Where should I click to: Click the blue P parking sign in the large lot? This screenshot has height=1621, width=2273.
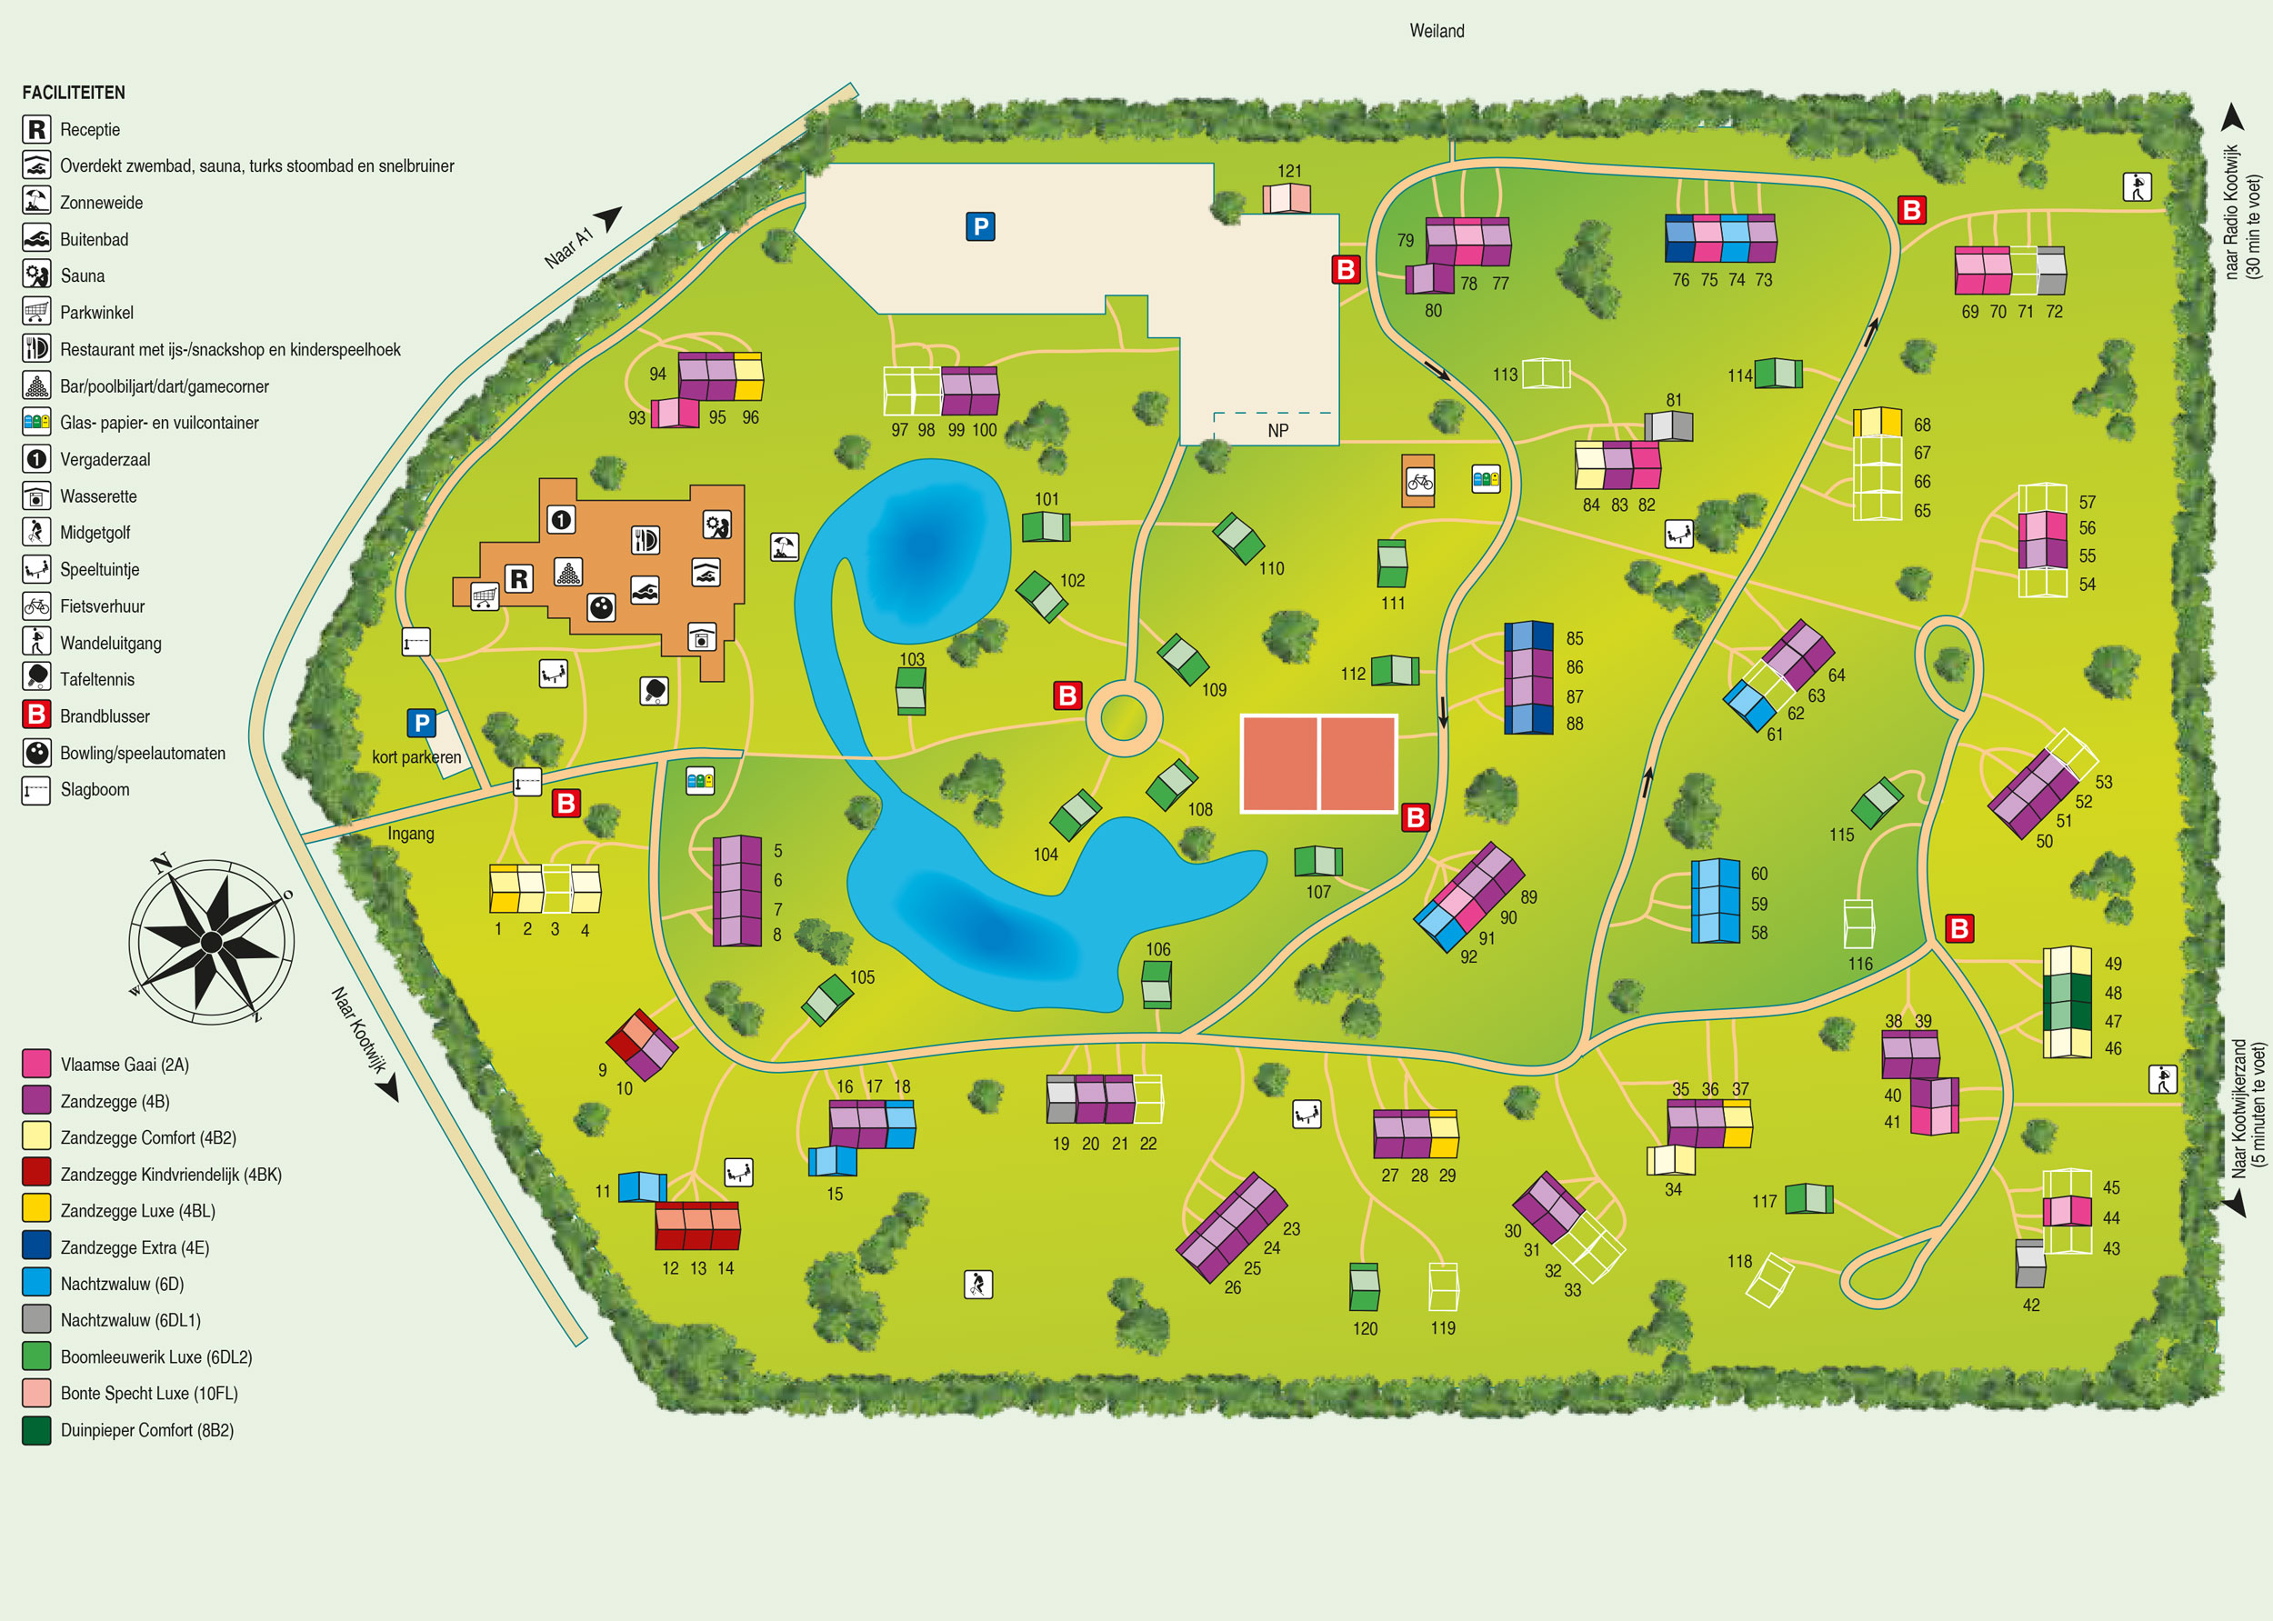(x=980, y=226)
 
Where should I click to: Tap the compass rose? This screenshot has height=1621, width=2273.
(x=212, y=941)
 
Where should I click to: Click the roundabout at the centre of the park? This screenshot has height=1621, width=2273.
(x=1123, y=717)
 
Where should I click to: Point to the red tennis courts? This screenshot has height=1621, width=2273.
(x=1317, y=764)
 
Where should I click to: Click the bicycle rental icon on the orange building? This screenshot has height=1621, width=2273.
(x=1418, y=482)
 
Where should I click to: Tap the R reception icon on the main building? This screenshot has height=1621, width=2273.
(x=518, y=579)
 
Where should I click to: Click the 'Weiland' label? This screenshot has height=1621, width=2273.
(x=1436, y=31)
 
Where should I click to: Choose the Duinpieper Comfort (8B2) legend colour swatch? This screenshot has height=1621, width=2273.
(x=37, y=1429)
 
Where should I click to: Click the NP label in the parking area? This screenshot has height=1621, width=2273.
(x=1277, y=430)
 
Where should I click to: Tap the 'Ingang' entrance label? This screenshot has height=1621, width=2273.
(x=410, y=834)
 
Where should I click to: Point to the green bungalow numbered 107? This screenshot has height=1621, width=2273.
(x=1317, y=860)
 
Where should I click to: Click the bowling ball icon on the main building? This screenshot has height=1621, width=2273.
(x=601, y=607)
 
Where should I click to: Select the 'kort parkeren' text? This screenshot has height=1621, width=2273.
(x=416, y=756)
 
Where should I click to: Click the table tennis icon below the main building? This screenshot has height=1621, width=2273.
(x=654, y=690)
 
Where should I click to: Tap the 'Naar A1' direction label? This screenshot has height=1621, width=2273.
(x=569, y=246)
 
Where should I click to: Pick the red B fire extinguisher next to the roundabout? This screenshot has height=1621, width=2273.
(x=1067, y=695)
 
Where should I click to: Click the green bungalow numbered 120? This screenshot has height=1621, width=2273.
(x=1364, y=1286)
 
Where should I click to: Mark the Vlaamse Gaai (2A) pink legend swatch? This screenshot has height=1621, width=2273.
(x=37, y=1063)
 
